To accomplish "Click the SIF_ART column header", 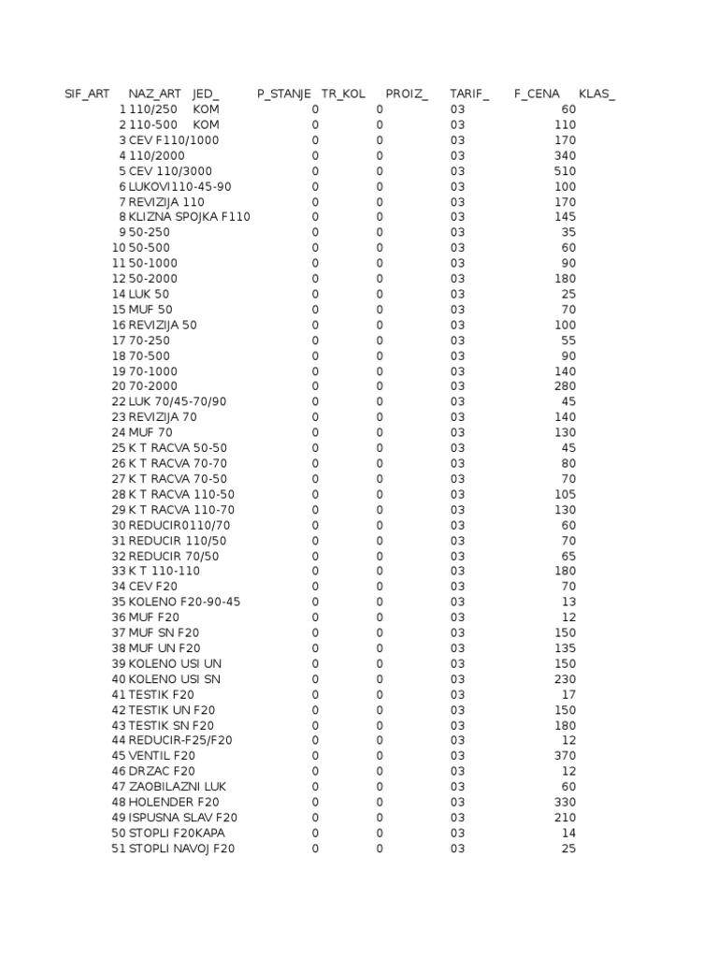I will (87, 94).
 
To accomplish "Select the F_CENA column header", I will (537, 94).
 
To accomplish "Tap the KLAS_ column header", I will (597, 94).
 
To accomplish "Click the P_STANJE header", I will (284, 94).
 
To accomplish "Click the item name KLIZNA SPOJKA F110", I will (190, 217).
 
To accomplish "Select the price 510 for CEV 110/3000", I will (565, 171).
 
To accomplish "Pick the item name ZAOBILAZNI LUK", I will (178, 787).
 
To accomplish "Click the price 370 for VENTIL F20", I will (565, 756).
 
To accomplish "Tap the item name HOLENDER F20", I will (175, 802).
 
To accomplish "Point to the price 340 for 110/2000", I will (565, 155).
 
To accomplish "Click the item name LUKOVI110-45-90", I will (180, 186).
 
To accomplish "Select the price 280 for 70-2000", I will (565, 386).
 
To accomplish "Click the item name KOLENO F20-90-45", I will (184, 602).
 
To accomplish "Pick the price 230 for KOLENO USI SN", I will (565, 679).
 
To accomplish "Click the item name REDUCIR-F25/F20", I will (180, 740).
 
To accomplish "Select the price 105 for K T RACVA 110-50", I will (565, 494).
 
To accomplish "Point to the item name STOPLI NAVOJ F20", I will (182, 849).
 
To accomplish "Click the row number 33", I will (119, 571).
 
